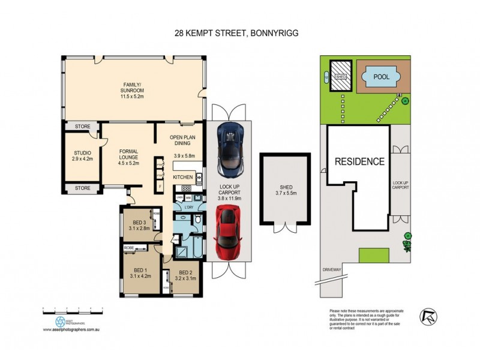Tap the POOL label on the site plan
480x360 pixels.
[381, 77]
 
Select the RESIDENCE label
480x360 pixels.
[359, 161]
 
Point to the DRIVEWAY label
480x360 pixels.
[331, 269]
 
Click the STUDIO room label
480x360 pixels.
[82, 152]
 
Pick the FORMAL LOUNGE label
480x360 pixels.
[129, 156]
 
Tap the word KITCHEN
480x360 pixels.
[183, 178]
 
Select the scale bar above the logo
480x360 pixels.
[73, 309]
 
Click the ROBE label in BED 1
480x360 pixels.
[129, 247]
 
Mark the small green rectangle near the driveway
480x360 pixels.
[370, 255]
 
